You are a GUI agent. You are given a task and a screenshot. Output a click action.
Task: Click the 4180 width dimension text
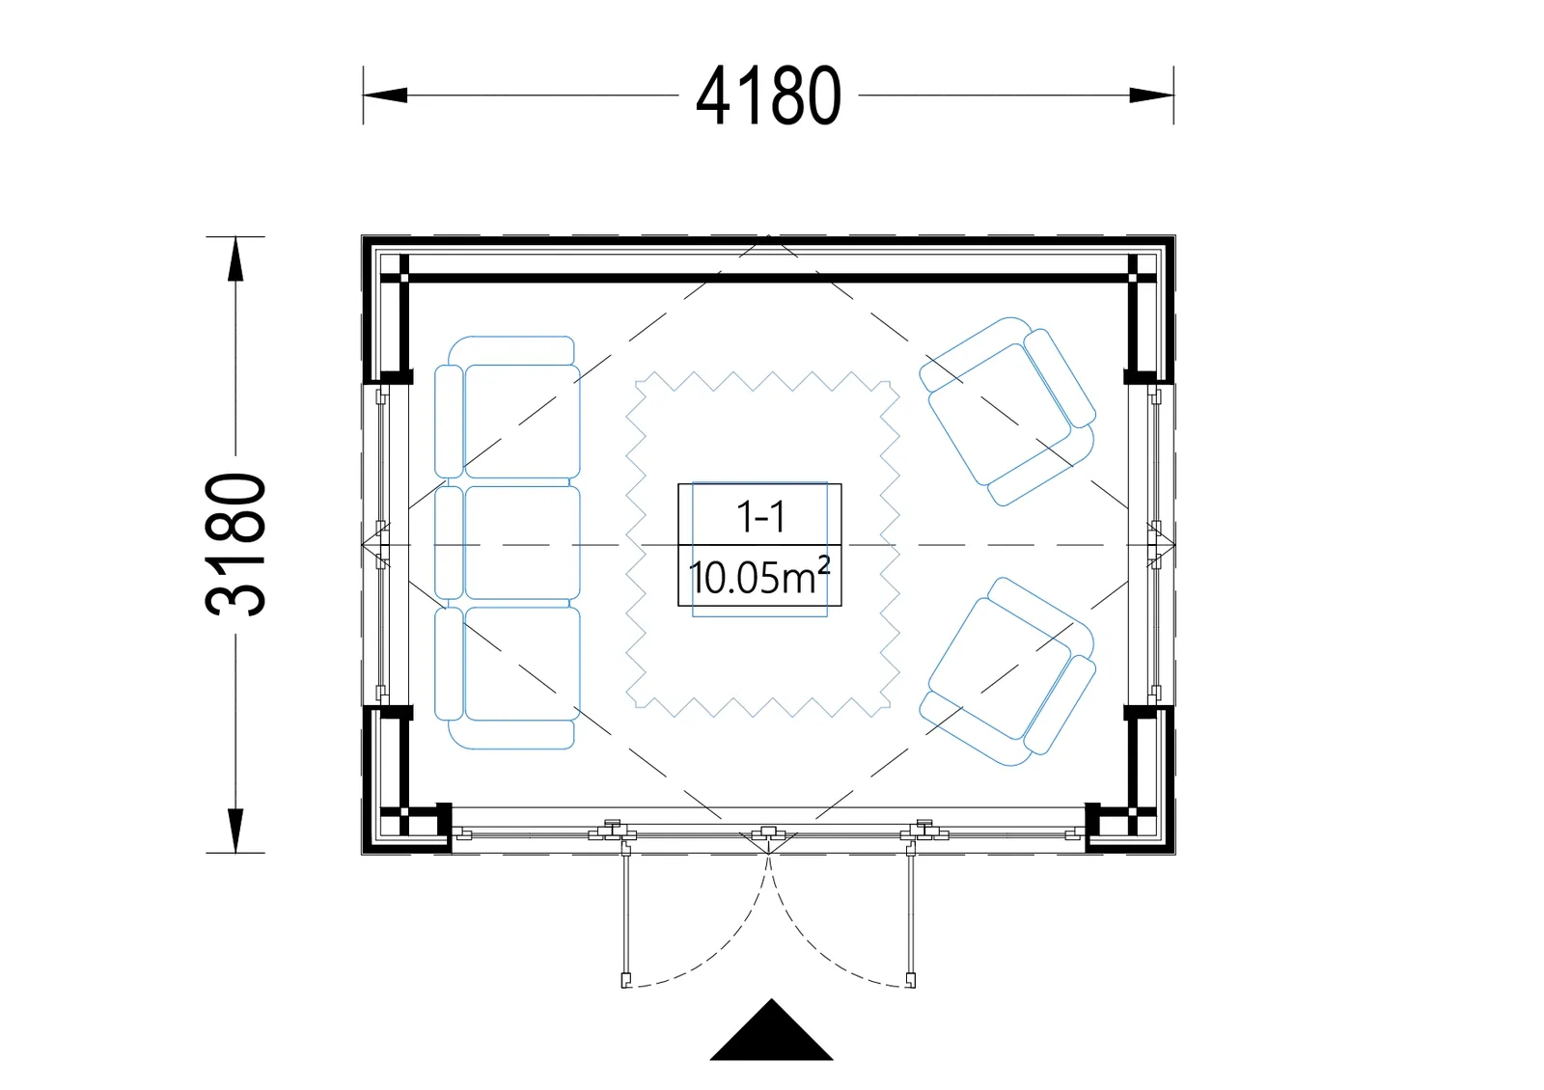click(768, 95)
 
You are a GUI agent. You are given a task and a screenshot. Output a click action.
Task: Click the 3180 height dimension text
click(235, 544)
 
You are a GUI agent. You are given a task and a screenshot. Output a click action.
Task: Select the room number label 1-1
click(760, 517)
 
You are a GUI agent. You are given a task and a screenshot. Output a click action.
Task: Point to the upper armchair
click(1007, 412)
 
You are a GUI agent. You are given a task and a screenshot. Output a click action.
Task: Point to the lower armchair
click(1007, 671)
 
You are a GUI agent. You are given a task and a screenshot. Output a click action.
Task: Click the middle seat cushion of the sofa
click(522, 542)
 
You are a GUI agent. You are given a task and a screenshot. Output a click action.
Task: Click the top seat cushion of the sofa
click(522, 421)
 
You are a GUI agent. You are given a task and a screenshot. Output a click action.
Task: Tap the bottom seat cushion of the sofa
click(522, 664)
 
